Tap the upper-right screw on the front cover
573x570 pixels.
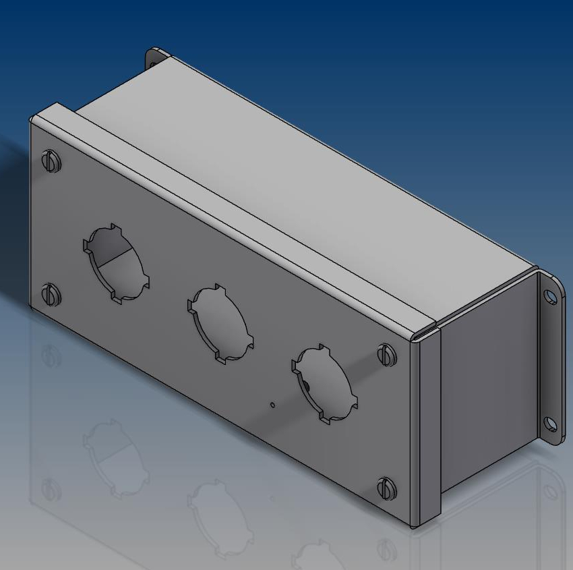pyautogui.click(x=385, y=354)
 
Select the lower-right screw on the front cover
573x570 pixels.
pyautogui.click(x=385, y=486)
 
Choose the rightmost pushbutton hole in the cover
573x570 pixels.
pyautogui.click(x=325, y=384)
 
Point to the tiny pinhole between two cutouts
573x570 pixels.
pyautogui.click(x=272, y=405)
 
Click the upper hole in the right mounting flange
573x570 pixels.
pyautogui.click(x=551, y=296)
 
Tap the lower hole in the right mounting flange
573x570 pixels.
pyautogui.click(x=551, y=424)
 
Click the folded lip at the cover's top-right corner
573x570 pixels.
pyautogui.click(x=426, y=331)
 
